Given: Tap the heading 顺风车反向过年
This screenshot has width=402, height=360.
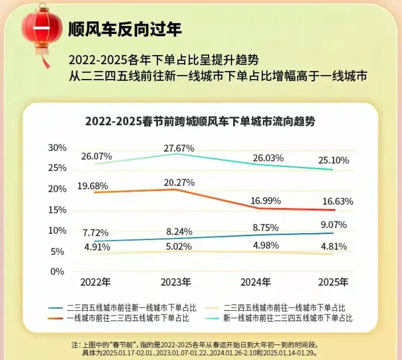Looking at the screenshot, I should (x=125, y=29).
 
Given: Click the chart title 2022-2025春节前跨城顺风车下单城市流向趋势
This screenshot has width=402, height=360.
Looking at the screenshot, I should (x=200, y=121).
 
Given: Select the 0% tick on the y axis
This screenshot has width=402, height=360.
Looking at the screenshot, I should (x=57, y=272).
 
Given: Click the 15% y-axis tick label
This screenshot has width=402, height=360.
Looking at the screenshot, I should (x=57, y=210).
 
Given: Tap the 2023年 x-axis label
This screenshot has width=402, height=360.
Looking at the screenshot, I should (x=176, y=282).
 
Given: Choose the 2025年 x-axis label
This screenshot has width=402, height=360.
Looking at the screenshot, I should (x=333, y=282).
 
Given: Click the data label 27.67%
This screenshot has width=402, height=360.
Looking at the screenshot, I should (x=179, y=148).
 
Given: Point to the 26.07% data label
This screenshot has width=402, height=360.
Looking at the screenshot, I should (x=97, y=156).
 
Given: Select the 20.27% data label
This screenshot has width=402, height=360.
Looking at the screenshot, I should (x=179, y=183).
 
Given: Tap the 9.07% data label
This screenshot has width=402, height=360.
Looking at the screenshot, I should (x=333, y=225).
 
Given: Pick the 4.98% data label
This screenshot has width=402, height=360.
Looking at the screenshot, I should (x=265, y=246).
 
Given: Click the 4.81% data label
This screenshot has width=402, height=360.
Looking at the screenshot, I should (x=333, y=246).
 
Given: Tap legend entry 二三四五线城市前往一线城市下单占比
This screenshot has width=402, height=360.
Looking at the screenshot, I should (x=284, y=308).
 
